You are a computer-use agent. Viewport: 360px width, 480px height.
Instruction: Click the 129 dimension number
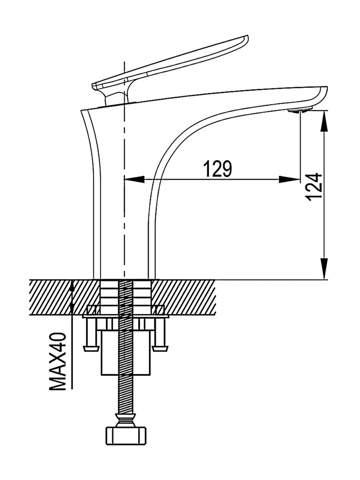(217, 169)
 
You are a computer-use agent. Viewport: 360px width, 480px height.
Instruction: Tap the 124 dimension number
(314, 187)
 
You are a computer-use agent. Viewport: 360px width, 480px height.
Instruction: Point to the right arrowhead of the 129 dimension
(290, 179)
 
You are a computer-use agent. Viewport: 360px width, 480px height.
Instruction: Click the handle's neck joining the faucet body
(115, 98)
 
